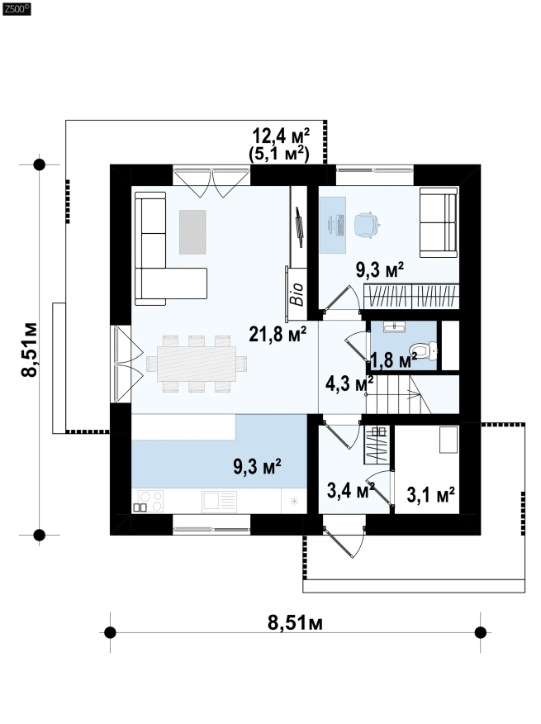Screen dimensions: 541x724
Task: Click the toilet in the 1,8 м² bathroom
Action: (424, 351)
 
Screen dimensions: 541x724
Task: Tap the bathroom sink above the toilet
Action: (395, 327)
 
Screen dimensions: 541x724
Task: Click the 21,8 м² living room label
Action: (278, 334)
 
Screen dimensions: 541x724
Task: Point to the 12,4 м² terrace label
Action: (281, 136)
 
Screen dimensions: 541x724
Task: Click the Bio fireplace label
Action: (297, 294)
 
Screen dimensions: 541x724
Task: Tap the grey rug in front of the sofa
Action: (192, 231)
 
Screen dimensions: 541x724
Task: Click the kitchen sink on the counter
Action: (219, 501)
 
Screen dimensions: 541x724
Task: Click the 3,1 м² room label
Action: (430, 494)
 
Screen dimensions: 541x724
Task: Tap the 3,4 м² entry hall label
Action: (350, 490)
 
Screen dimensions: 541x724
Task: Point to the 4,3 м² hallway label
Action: (349, 383)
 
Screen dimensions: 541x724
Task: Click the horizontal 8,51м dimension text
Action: (296, 622)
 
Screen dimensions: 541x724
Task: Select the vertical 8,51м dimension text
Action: (30, 350)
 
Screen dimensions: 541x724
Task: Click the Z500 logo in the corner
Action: (17, 9)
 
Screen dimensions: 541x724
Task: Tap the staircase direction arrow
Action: (413, 394)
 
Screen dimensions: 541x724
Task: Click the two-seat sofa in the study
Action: (439, 222)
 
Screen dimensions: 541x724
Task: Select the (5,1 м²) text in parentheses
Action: (279, 153)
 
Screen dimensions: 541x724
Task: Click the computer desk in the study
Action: (333, 225)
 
